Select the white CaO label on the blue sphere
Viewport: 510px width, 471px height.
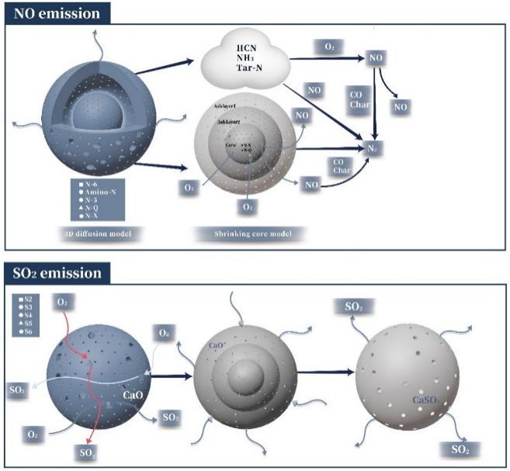coord(134,395)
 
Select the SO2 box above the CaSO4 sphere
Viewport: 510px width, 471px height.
coord(352,306)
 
